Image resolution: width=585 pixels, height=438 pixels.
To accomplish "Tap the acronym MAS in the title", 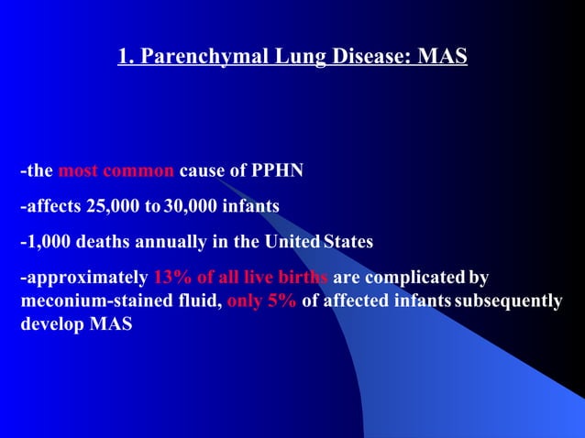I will [x=442, y=58].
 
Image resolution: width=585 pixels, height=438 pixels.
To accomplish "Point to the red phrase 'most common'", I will [x=116, y=171].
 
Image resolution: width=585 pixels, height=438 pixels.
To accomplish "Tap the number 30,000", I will [x=190, y=207].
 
